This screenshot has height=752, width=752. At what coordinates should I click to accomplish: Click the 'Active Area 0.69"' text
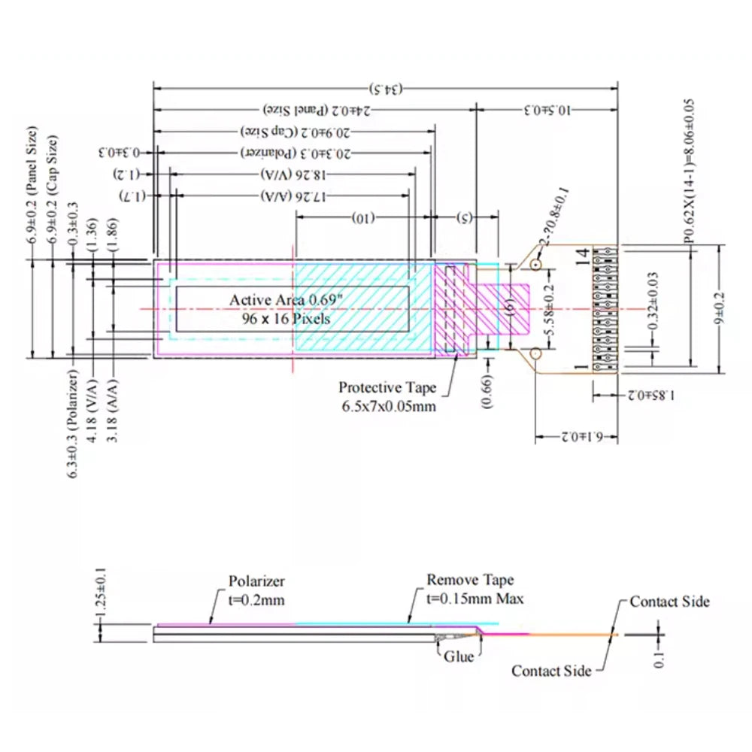286,300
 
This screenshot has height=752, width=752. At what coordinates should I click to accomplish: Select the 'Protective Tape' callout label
387,388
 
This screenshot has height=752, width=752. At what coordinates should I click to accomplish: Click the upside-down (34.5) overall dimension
385,89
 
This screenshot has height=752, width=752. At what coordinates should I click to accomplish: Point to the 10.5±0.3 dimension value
547,110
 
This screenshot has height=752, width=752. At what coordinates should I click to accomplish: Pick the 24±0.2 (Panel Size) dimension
320,110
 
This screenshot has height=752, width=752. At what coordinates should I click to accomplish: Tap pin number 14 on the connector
581,257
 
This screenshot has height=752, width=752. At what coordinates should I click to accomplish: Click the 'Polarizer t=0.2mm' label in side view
256,590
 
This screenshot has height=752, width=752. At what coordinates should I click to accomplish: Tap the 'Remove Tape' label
471,580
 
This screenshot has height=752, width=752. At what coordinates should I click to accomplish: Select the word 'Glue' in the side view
459,656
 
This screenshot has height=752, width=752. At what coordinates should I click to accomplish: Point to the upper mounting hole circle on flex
535,265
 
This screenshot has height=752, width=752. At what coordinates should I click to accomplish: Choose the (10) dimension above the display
362,219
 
